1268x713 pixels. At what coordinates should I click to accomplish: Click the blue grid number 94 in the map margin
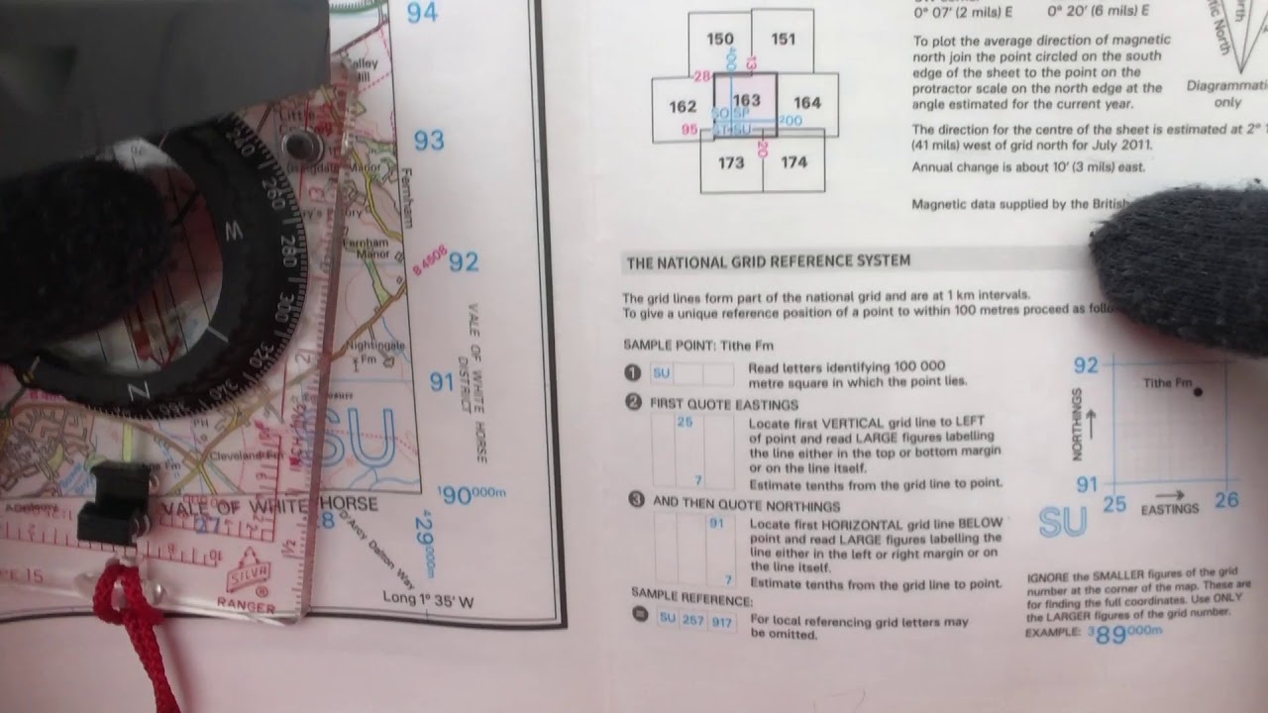(x=422, y=13)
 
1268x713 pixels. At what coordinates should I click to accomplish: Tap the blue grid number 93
(x=429, y=141)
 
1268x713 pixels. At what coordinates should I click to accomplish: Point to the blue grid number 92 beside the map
(x=464, y=261)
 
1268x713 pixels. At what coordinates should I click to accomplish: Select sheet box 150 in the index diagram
(x=720, y=40)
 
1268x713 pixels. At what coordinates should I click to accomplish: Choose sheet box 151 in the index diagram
(x=783, y=40)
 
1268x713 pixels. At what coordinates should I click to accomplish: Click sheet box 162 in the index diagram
(x=683, y=107)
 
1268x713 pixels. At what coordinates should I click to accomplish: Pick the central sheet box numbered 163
(x=746, y=100)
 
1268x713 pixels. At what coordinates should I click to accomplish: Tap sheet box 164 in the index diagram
(x=807, y=102)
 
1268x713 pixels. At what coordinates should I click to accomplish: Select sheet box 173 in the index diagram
(x=731, y=162)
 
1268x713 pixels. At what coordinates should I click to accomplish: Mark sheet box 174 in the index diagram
(x=793, y=162)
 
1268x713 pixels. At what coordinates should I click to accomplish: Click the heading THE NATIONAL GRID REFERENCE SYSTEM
(x=768, y=261)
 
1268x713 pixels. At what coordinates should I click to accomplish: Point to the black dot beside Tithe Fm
(x=1199, y=392)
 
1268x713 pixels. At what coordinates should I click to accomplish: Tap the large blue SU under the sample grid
(x=1062, y=523)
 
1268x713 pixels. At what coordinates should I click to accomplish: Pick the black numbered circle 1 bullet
(x=631, y=373)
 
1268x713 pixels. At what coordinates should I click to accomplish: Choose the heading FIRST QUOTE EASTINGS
(x=723, y=404)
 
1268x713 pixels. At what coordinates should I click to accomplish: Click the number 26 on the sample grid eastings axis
(x=1226, y=500)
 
